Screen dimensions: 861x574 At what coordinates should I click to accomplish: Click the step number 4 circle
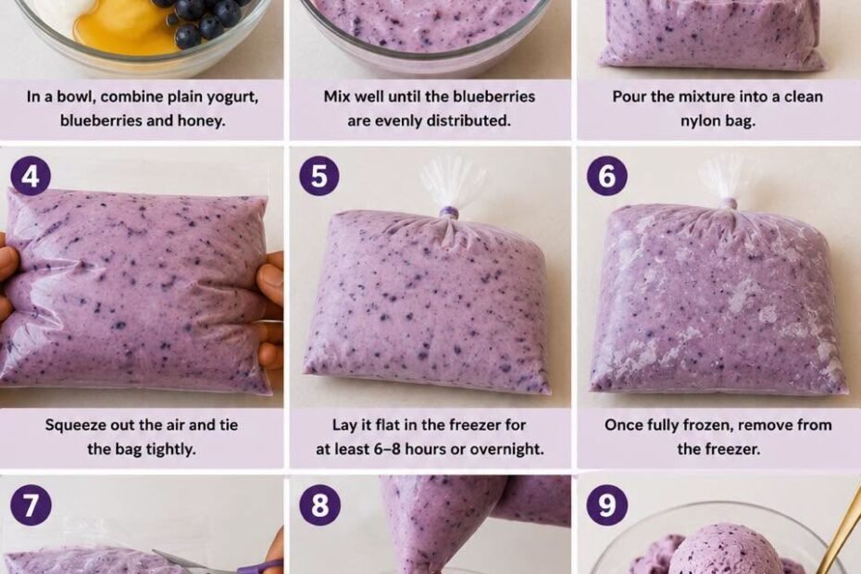(31, 176)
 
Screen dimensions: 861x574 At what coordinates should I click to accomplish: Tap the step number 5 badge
(319, 176)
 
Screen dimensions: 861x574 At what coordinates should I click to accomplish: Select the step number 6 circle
(606, 176)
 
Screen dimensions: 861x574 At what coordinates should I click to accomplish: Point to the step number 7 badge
(31, 505)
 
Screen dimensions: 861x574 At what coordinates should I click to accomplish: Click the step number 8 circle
(319, 505)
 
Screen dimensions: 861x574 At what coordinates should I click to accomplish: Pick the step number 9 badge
(606, 505)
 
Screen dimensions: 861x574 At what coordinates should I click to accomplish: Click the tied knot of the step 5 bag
(450, 213)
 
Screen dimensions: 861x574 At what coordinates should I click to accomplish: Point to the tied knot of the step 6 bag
(728, 205)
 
